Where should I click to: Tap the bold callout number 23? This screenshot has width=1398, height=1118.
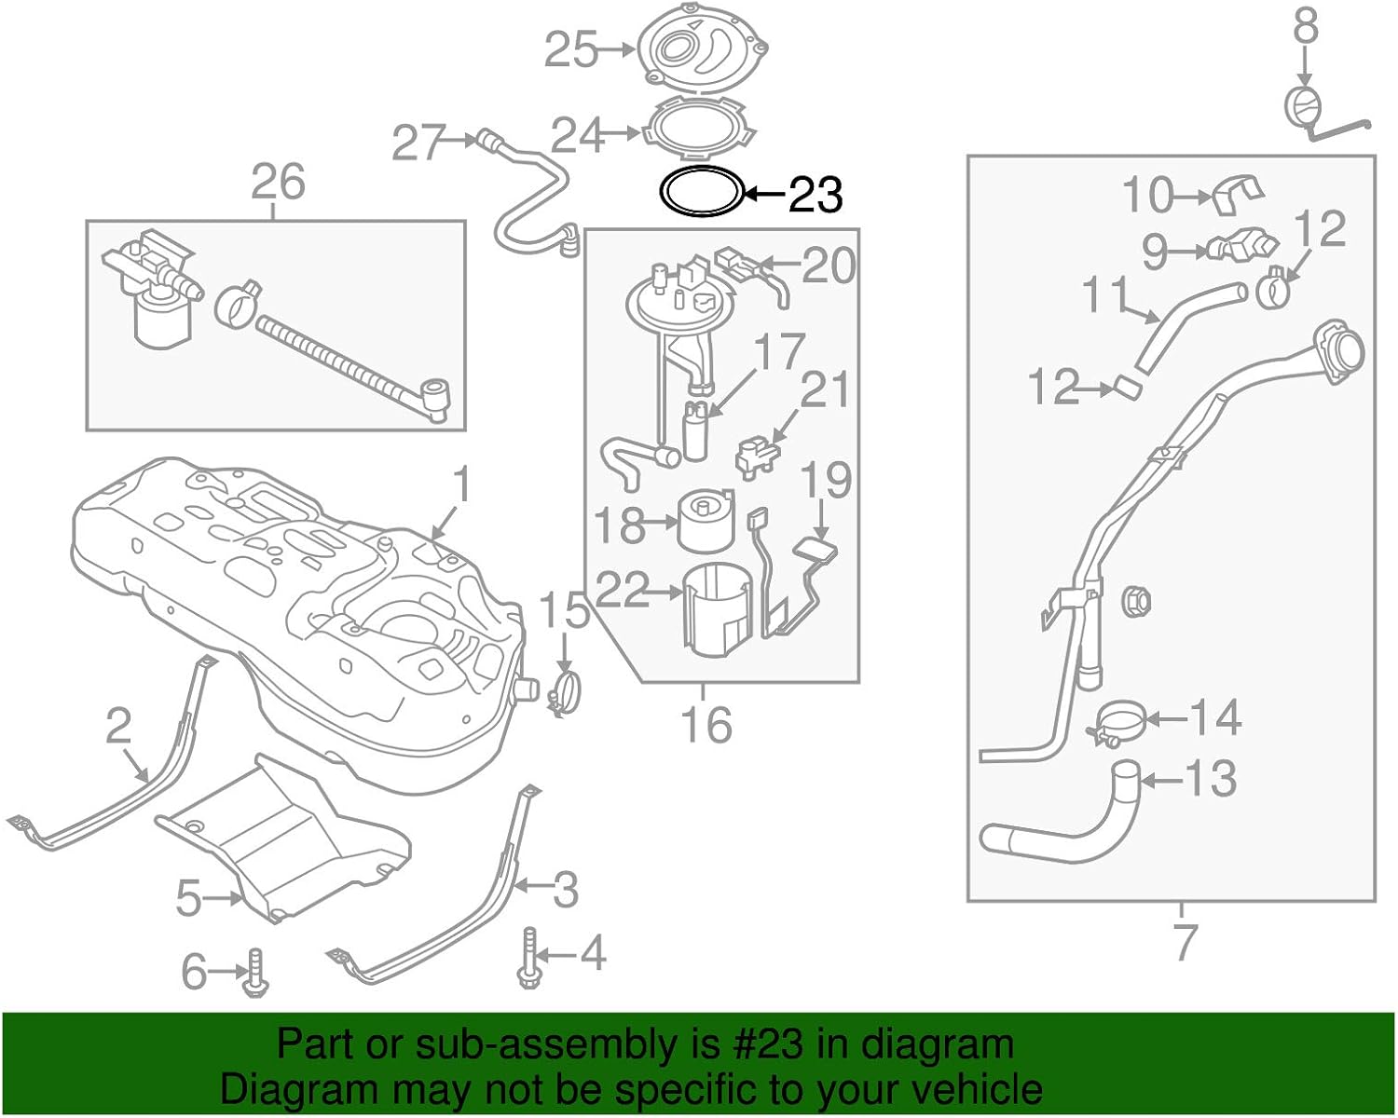[x=815, y=195]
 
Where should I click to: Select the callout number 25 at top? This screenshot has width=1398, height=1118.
[x=571, y=49]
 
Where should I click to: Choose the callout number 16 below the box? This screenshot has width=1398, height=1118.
[x=706, y=724]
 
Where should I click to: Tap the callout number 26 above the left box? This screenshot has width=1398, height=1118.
[x=278, y=181]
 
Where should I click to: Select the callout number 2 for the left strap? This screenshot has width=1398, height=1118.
[x=118, y=726]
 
